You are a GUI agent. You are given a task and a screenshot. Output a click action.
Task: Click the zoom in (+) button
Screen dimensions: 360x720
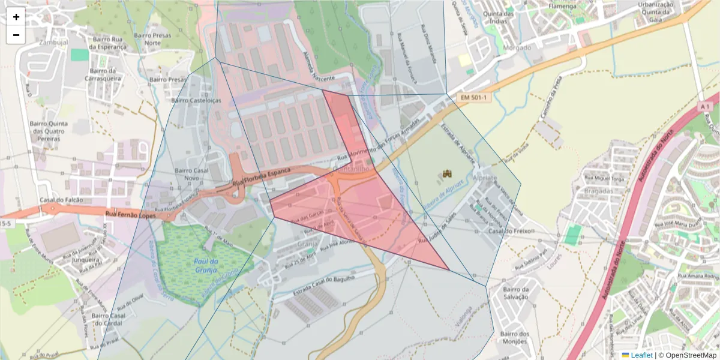(16, 17)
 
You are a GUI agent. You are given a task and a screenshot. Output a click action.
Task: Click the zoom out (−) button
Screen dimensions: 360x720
(16, 35)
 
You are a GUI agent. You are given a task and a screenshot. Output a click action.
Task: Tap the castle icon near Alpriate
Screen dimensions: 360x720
(447, 174)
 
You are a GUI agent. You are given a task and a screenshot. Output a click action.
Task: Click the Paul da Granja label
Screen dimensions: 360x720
(206, 266)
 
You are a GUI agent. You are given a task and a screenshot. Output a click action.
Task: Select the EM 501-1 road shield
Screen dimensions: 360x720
(473, 97)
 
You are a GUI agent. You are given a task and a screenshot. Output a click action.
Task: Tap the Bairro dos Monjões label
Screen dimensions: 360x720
(515, 338)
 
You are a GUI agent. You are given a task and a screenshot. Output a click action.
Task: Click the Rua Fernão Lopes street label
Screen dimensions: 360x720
(130, 214)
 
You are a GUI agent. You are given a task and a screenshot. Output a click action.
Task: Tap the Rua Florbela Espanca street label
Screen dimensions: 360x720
(261, 177)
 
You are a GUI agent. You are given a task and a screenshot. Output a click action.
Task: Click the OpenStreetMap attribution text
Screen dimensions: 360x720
(687, 355)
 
